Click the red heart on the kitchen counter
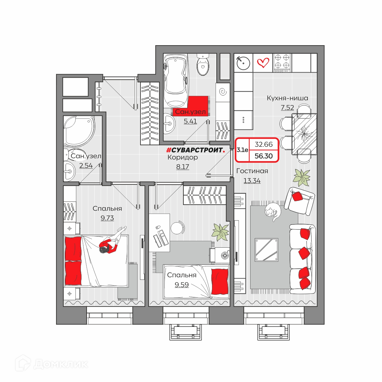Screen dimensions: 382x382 [x=263, y=63]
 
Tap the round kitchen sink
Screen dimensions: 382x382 [x=243, y=63]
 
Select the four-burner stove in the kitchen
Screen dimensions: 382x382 [x=282, y=63]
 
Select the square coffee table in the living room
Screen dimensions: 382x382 [x=266, y=250]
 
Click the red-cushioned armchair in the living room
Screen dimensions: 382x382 [x=299, y=201]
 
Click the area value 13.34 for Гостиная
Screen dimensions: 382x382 [x=252, y=181]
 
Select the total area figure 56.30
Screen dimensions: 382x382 [x=264, y=156]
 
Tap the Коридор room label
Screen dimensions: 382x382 [x=183, y=157]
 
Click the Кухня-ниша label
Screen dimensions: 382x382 [x=287, y=98]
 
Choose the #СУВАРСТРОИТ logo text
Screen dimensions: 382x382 [x=195, y=150]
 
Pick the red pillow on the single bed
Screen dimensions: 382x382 [x=220, y=282]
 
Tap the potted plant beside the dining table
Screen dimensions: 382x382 [x=301, y=178]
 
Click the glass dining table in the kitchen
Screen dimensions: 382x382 [x=304, y=134]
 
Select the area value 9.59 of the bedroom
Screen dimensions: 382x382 [x=181, y=285]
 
